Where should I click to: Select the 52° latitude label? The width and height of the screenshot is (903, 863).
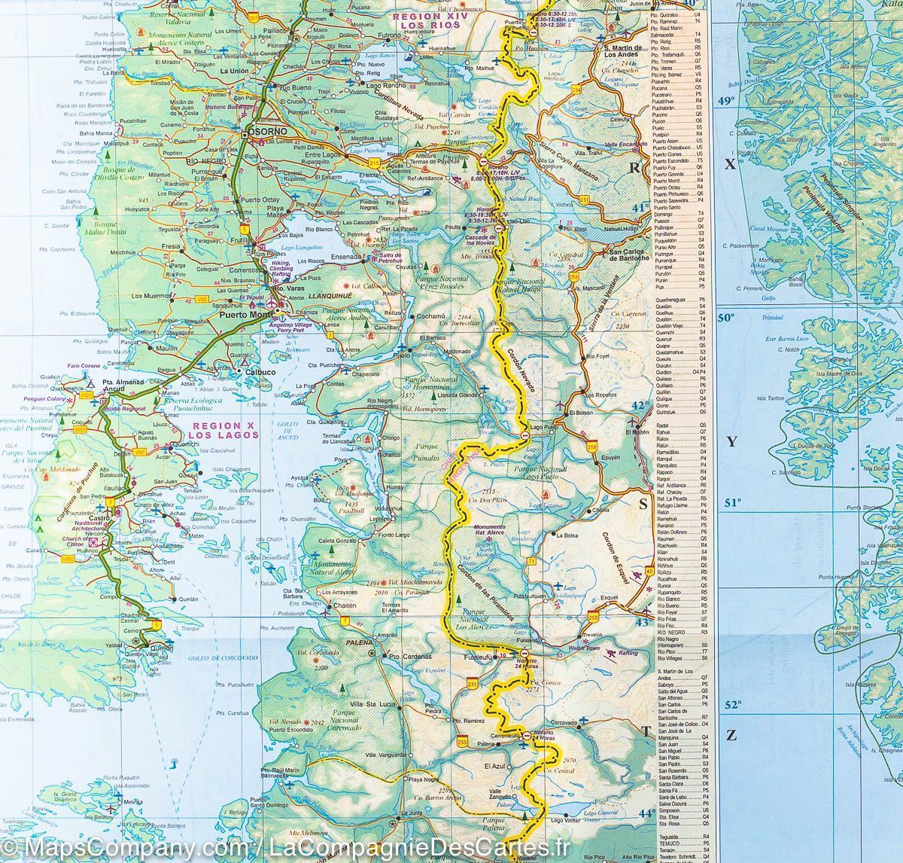pos(732,705)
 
